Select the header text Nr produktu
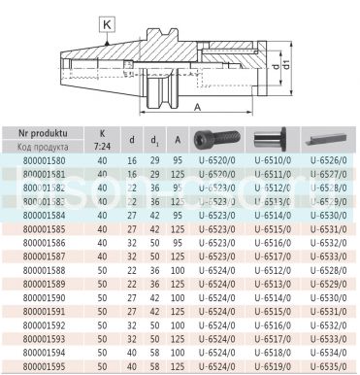[x=43, y=132]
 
